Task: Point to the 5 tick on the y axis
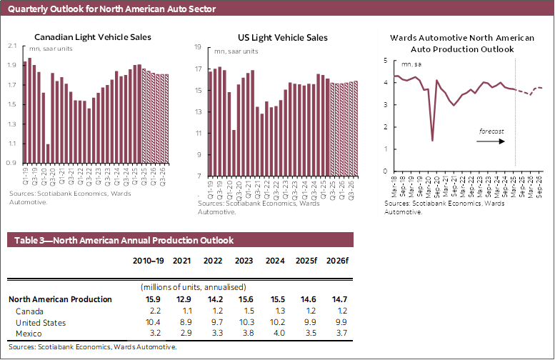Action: click(385, 61)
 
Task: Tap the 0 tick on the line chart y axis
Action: click(385, 171)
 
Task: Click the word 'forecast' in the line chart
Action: click(491, 131)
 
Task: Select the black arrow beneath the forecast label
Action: click(492, 141)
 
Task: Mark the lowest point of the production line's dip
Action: click(433, 140)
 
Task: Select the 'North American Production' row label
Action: click(60, 299)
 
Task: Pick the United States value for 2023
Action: click(243, 322)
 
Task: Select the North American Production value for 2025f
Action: click(304, 299)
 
